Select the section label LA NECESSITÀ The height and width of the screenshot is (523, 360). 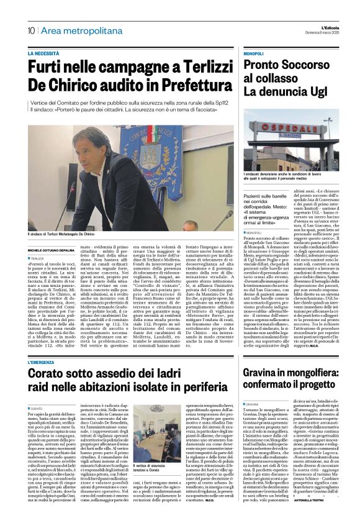pyautogui.click(x=48, y=54)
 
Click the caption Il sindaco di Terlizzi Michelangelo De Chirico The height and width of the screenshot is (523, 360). pyautogui.click(x=61, y=235)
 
